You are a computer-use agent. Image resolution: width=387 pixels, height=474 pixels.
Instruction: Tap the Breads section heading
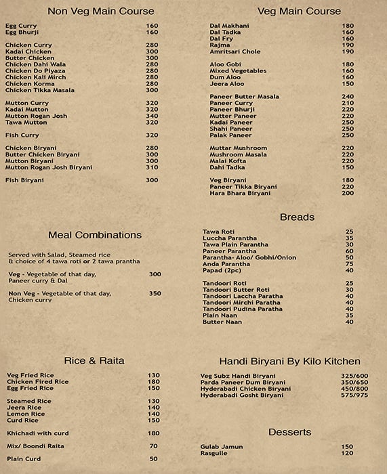pos(297,217)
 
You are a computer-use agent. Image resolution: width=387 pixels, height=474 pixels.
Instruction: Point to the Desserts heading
pos(289,431)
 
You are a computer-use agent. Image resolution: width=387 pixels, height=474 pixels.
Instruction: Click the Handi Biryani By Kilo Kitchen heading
pos(289,362)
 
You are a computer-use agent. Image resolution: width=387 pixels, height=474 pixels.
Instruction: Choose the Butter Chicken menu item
pos(30,58)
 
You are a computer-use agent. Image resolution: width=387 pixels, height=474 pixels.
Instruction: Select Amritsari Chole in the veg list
pos(235,51)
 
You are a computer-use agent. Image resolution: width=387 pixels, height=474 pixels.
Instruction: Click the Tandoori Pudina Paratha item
pos(242,309)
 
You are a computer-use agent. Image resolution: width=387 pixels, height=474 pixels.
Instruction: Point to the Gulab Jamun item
pos(222,447)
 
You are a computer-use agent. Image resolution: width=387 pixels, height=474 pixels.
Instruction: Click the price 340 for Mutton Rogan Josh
pos(152,116)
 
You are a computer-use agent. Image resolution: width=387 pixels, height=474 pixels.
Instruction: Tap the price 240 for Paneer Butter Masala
pos(348,96)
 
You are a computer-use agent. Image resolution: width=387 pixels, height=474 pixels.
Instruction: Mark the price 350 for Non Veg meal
pos(155,293)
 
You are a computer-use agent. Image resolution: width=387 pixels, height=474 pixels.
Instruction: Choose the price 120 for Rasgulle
pos(347,453)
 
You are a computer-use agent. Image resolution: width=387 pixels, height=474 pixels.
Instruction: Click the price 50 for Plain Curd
pos(154,458)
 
